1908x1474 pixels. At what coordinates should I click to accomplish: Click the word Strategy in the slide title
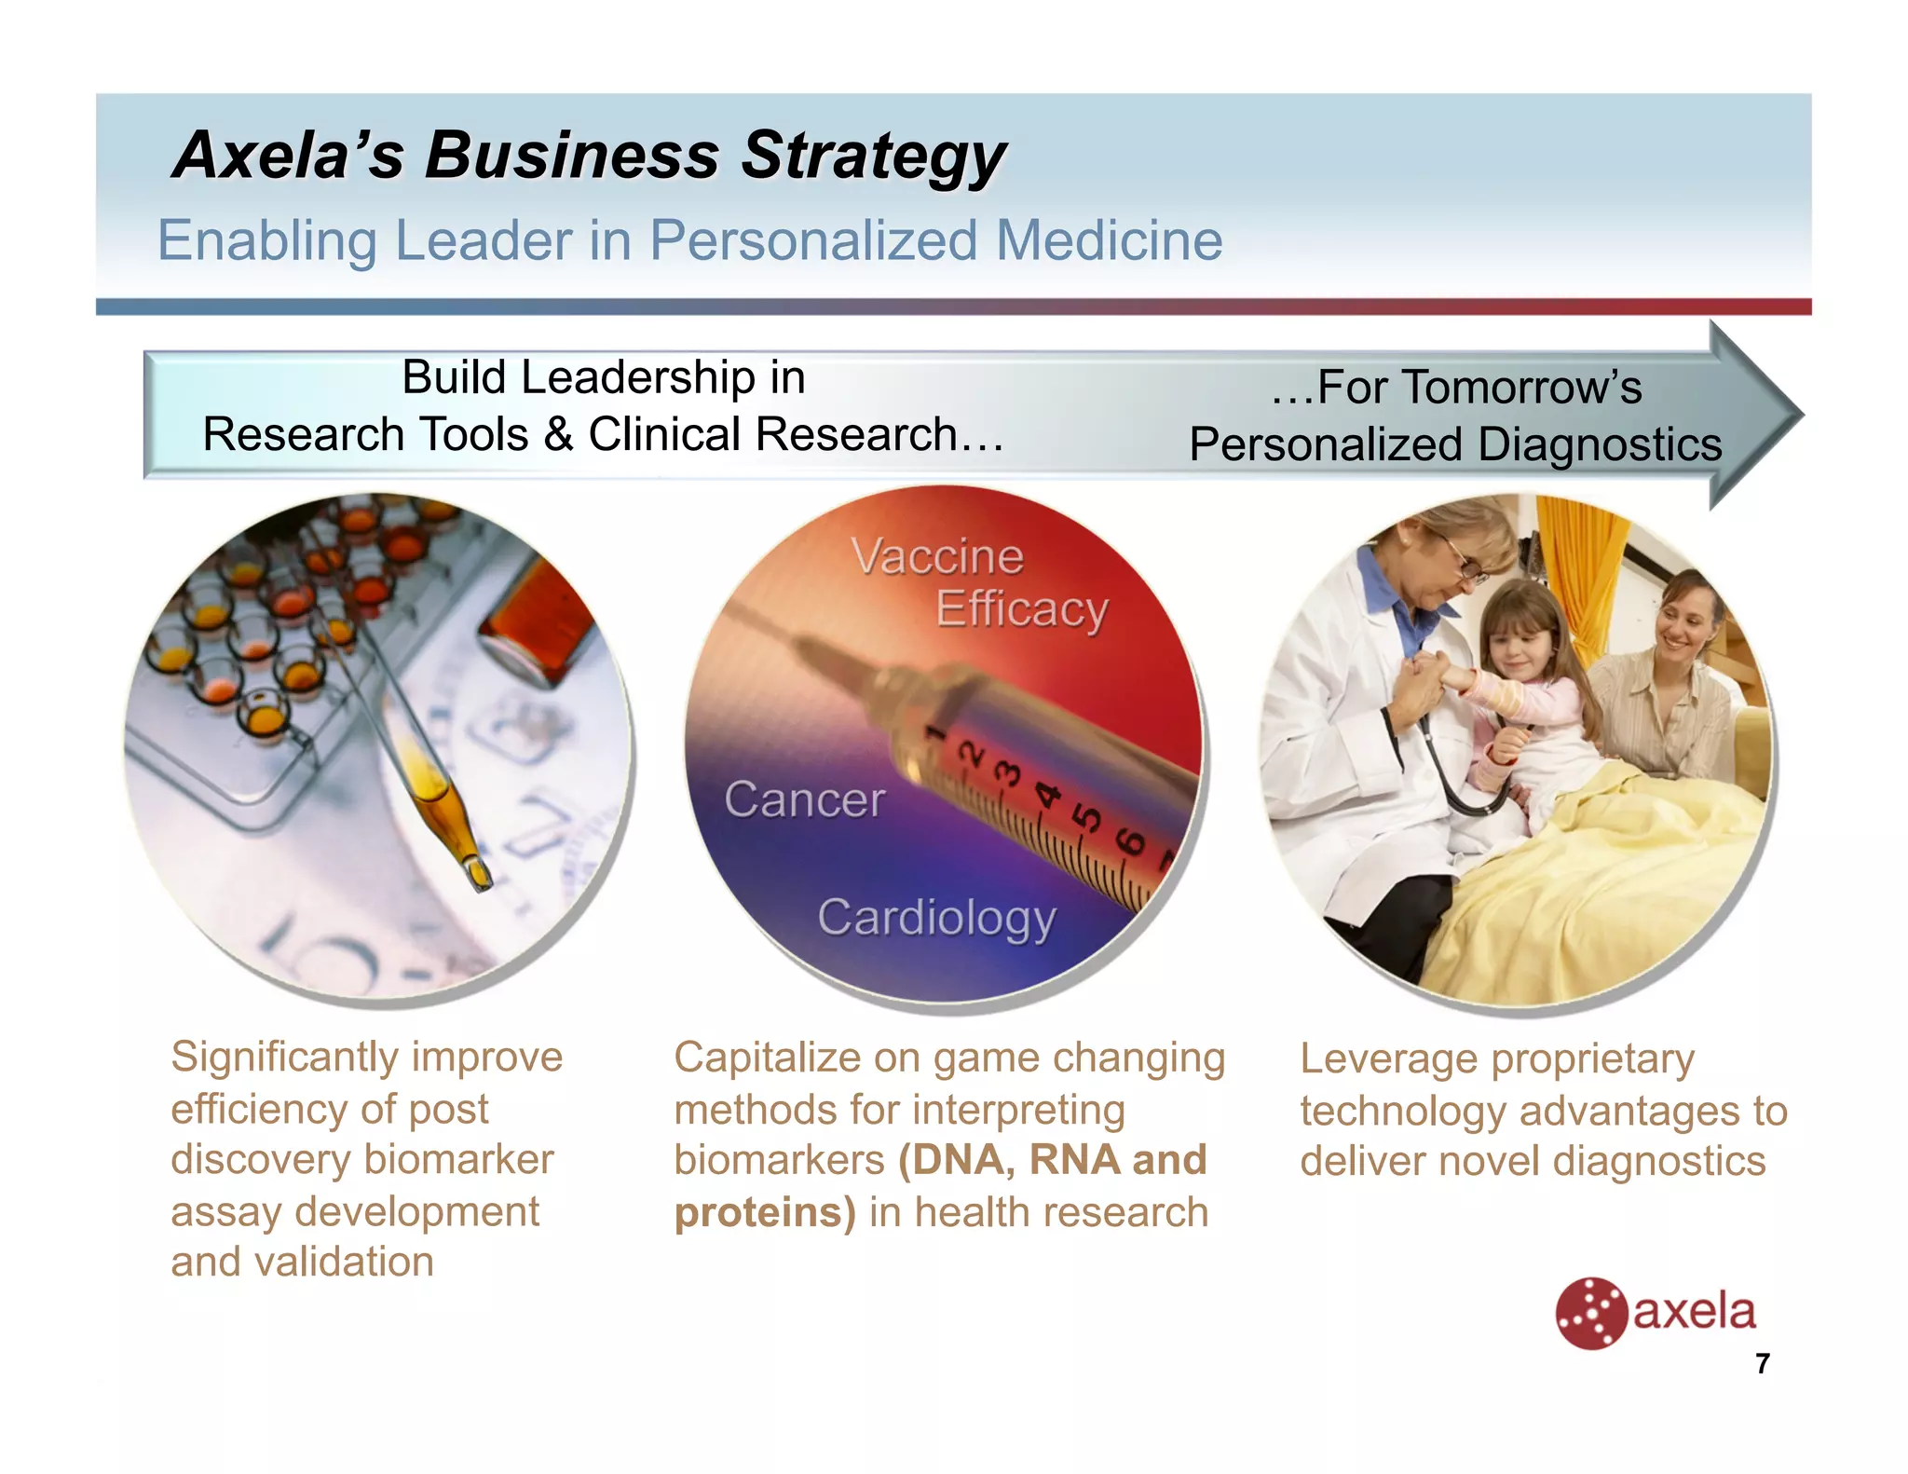point(873,156)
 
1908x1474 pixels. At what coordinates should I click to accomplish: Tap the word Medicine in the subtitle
point(1109,240)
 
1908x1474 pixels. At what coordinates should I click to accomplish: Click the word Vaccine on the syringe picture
point(937,557)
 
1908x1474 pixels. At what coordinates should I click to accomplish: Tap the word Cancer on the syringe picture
point(804,799)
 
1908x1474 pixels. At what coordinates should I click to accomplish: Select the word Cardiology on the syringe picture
point(936,918)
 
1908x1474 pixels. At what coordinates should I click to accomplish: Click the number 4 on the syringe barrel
point(1047,794)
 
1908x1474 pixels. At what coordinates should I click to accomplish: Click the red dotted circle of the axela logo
point(1590,1313)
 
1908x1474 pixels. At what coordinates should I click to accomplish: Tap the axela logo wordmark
point(1694,1312)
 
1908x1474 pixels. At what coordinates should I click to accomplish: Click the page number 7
point(1762,1364)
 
